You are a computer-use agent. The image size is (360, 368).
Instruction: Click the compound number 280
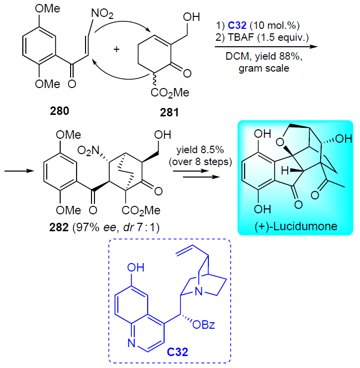point(59,111)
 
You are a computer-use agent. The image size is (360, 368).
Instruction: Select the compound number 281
point(169,112)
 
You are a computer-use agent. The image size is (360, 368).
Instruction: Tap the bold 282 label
point(59,227)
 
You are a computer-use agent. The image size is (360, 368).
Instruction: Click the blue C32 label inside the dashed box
point(178,352)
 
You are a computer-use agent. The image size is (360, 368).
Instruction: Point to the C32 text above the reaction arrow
point(237,25)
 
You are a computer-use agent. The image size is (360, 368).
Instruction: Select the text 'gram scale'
point(264,68)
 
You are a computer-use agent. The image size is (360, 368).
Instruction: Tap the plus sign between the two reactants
point(116,49)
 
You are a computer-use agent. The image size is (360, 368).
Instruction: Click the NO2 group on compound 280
point(102,13)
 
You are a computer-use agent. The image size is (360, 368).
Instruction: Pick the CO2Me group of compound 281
point(170,93)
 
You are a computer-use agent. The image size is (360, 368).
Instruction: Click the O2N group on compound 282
point(88,151)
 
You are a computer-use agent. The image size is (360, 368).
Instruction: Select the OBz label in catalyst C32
point(203,325)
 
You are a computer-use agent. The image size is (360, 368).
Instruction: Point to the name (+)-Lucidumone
point(296,226)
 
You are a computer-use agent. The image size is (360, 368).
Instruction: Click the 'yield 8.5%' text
point(200,150)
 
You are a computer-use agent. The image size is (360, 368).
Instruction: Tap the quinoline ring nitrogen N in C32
point(131,343)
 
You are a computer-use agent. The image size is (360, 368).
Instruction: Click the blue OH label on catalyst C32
point(136,268)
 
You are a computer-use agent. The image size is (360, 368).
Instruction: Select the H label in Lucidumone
point(285,171)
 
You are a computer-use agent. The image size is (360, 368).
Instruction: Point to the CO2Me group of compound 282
point(141,210)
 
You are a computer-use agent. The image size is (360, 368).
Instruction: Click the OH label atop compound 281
point(191,17)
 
